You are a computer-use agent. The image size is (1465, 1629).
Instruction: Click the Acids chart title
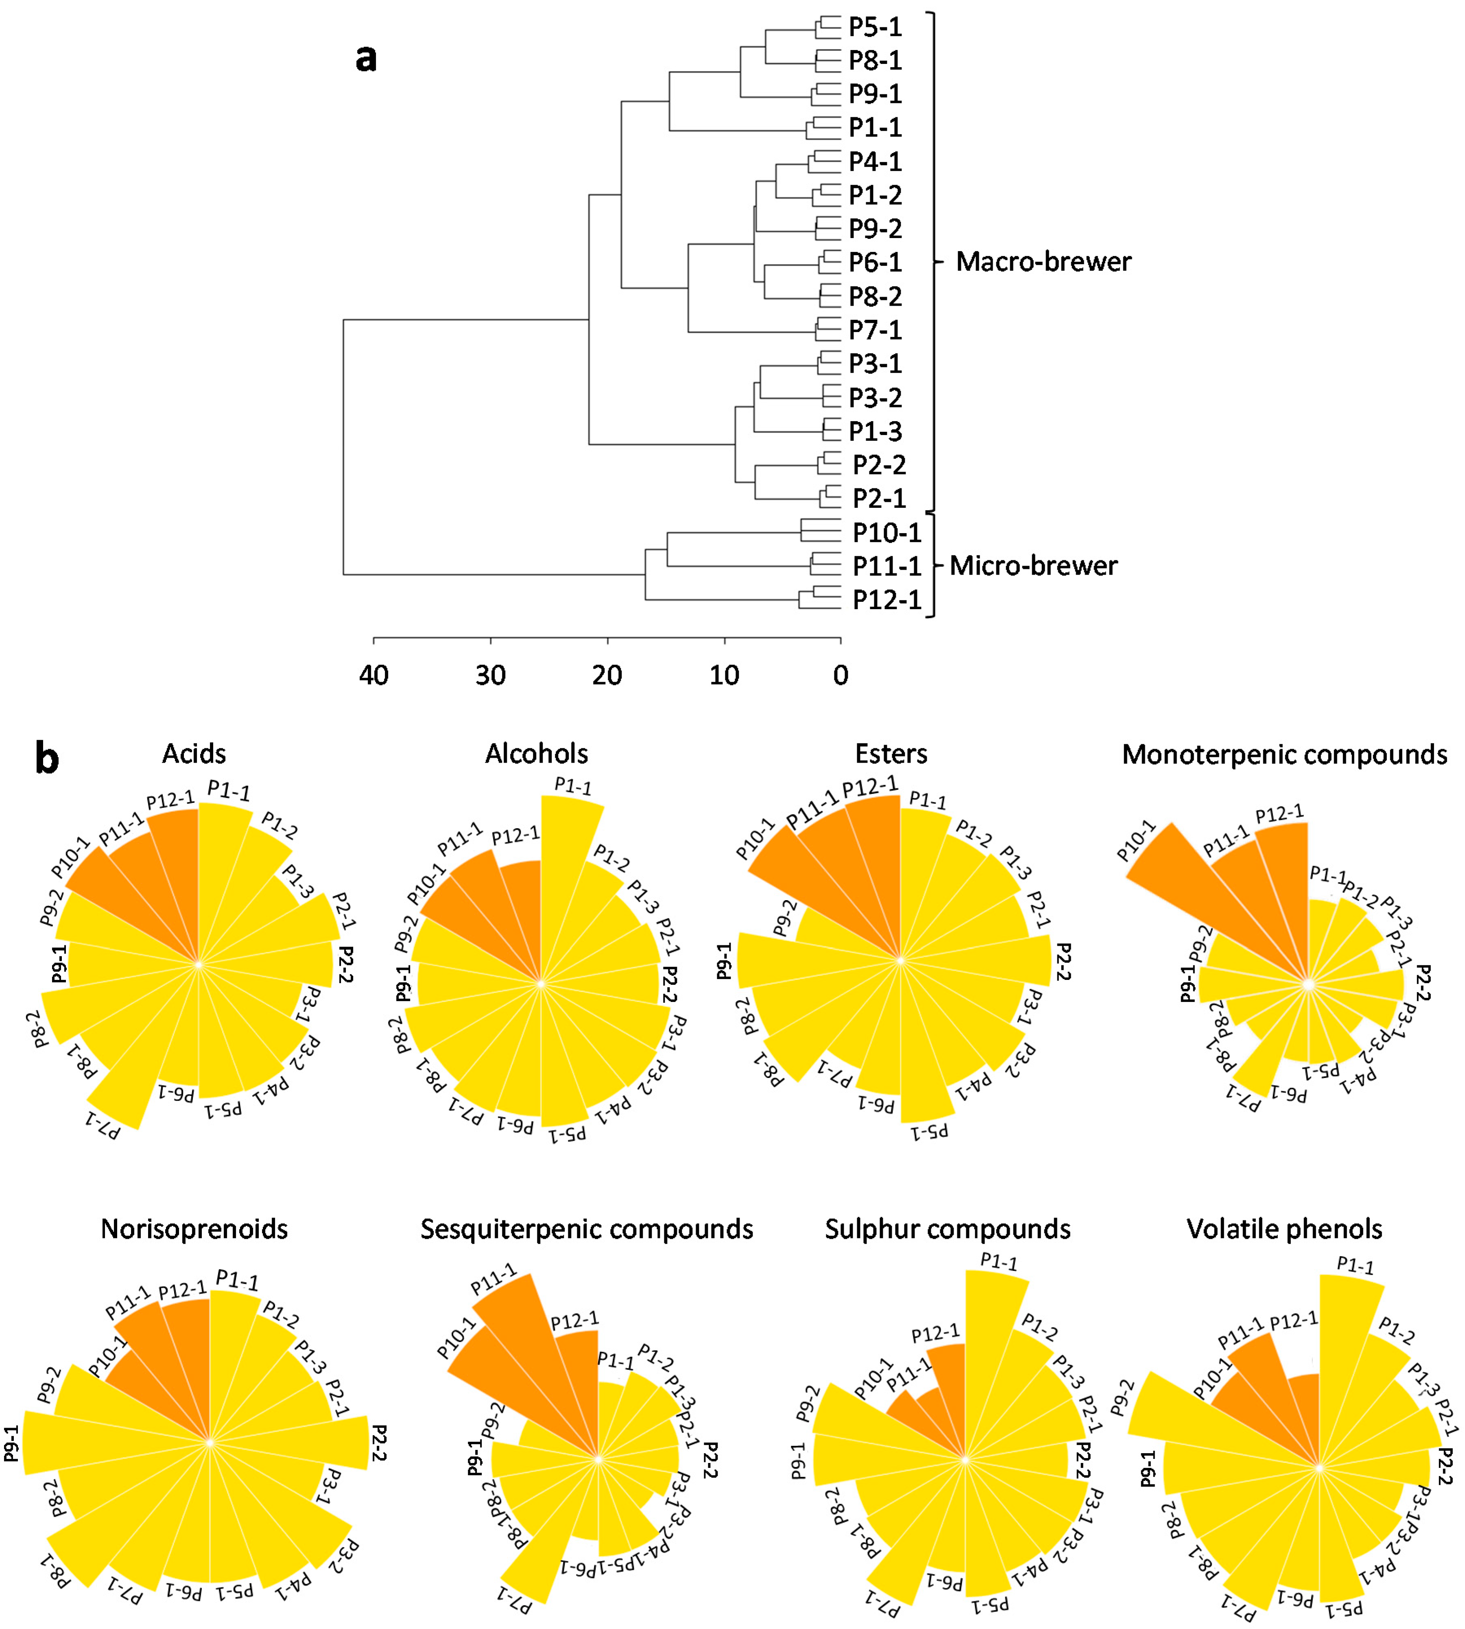[x=194, y=754]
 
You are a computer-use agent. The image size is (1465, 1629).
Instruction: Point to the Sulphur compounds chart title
[x=948, y=1230]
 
